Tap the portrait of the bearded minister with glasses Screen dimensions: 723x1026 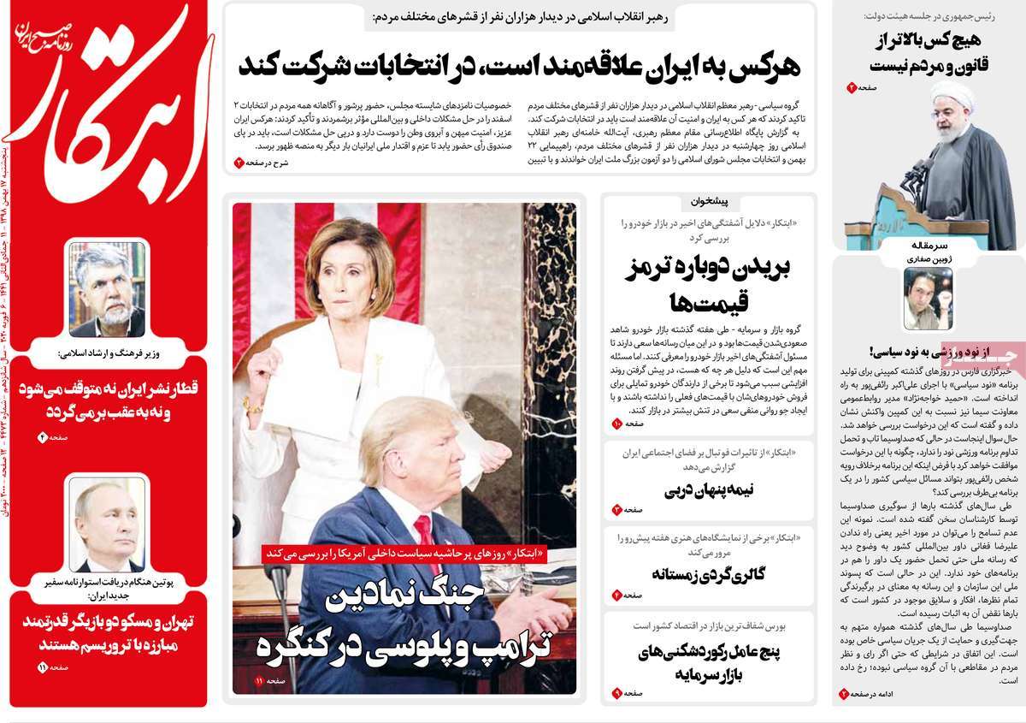click(107, 288)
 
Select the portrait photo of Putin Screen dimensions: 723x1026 click(107, 524)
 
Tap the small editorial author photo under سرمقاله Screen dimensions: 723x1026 click(928, 299)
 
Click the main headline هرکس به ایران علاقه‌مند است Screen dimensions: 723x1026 click(522, 61)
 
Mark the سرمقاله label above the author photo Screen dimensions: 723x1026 click(929, 245)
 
